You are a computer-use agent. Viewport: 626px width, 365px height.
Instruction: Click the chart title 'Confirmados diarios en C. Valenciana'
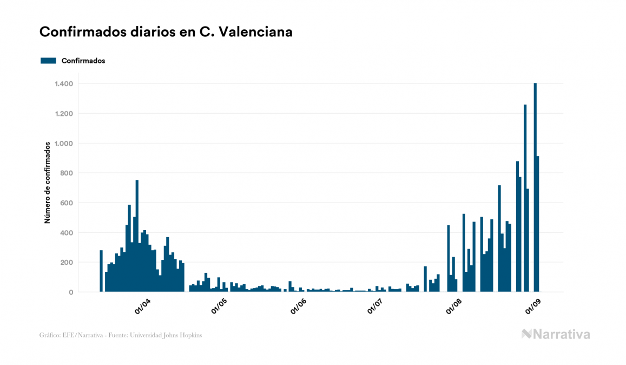(x=166, y=32)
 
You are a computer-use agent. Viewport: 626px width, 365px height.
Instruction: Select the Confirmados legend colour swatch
(x=49, y=61)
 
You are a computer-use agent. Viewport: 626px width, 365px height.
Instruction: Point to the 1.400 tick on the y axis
(x=64, y=84)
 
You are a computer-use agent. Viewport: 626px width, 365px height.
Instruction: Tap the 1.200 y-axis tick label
(x=64, y=114)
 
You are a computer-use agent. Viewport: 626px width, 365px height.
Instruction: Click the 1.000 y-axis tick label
(x=64, y=144)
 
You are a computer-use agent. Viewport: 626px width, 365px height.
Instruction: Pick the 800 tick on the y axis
(x=67, y=173)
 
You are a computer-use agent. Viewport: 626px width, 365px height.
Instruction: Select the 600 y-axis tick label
(x=67, y=203)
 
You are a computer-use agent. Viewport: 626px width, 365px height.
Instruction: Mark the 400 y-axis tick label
(x=67, y=233)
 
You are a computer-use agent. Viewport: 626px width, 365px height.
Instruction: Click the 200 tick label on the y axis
(x=67, y=263)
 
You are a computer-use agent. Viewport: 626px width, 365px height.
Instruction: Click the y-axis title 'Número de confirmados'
(x=47, y=182)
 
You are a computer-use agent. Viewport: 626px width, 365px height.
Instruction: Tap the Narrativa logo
(x=556, y=334)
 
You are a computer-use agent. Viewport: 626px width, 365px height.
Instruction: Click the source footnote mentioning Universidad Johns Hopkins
(x=121, y=335)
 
